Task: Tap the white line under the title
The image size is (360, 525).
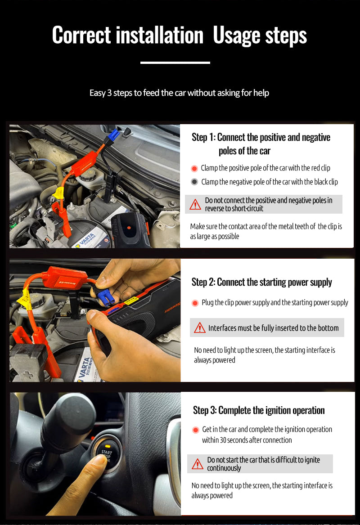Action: point(175,63)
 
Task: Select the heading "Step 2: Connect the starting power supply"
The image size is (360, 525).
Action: point(261,282)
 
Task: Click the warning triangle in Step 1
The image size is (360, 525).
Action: point(195,204)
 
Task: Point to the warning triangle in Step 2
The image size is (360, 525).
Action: point(200,328)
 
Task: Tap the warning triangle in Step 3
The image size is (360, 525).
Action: point(198,464)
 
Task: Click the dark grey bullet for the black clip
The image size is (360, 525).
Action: point(194,182)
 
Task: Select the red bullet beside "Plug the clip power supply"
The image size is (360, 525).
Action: point(195,303)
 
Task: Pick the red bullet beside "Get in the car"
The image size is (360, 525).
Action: point(196,430)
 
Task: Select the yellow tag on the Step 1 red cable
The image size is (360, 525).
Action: point(58,193)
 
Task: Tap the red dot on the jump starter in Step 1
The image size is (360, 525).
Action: point(129,228)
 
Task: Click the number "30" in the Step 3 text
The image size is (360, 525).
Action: point(223,440)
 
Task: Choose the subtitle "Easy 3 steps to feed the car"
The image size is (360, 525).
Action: point(179,93)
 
